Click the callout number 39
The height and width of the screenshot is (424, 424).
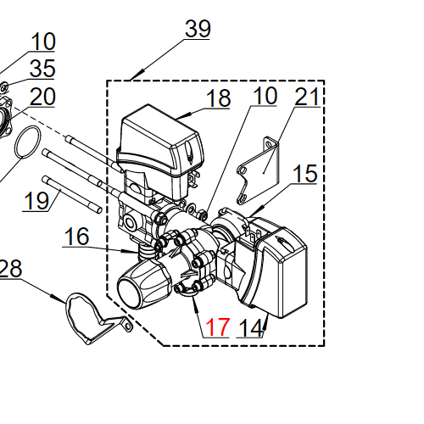pos(198,29)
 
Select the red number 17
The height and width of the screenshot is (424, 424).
pos(217,327)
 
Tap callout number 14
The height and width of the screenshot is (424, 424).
pos(251,328)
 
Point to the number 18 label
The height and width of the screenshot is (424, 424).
pos(219,98)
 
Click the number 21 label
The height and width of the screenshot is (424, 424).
pos(307,97)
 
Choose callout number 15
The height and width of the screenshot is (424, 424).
pos(304,174)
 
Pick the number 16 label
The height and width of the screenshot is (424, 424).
pos(76,237)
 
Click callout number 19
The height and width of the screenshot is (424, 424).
pos(36,201)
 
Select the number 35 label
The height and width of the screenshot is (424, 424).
pos(42,69)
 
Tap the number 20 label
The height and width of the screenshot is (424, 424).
pos(42,97)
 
